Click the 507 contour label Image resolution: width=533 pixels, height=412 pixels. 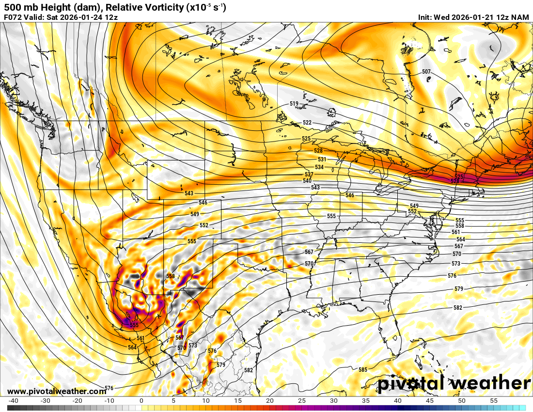click(x=426, y=72)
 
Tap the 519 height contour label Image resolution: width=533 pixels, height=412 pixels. click(x=294, y=104)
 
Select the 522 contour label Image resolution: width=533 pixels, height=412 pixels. click(x=307, y=123)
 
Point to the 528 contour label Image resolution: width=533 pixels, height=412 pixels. click(x=318, y=151)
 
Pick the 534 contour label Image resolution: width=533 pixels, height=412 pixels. click(x=319, y=167)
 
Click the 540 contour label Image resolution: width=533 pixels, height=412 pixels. click(x=307, y=181)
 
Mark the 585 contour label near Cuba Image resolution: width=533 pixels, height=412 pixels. click(x=362, y=370)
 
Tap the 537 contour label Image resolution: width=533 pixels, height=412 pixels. click(x=309, y=174)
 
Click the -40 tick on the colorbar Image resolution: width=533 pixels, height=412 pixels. click(x=14, y=401)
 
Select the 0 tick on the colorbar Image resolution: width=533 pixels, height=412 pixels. click(x=141, y=401)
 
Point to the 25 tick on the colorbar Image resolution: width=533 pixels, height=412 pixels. click(x=302, y=401)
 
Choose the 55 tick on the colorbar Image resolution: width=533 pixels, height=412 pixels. click(x=494, y=401)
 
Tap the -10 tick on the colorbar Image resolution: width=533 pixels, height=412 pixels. click(x=109, y=401)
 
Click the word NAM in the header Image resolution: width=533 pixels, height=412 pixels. click(x=520, y=17)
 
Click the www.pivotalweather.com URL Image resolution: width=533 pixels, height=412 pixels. click(x=57, y=391)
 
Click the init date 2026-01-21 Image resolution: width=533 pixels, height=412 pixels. click(x=471, y=17)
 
